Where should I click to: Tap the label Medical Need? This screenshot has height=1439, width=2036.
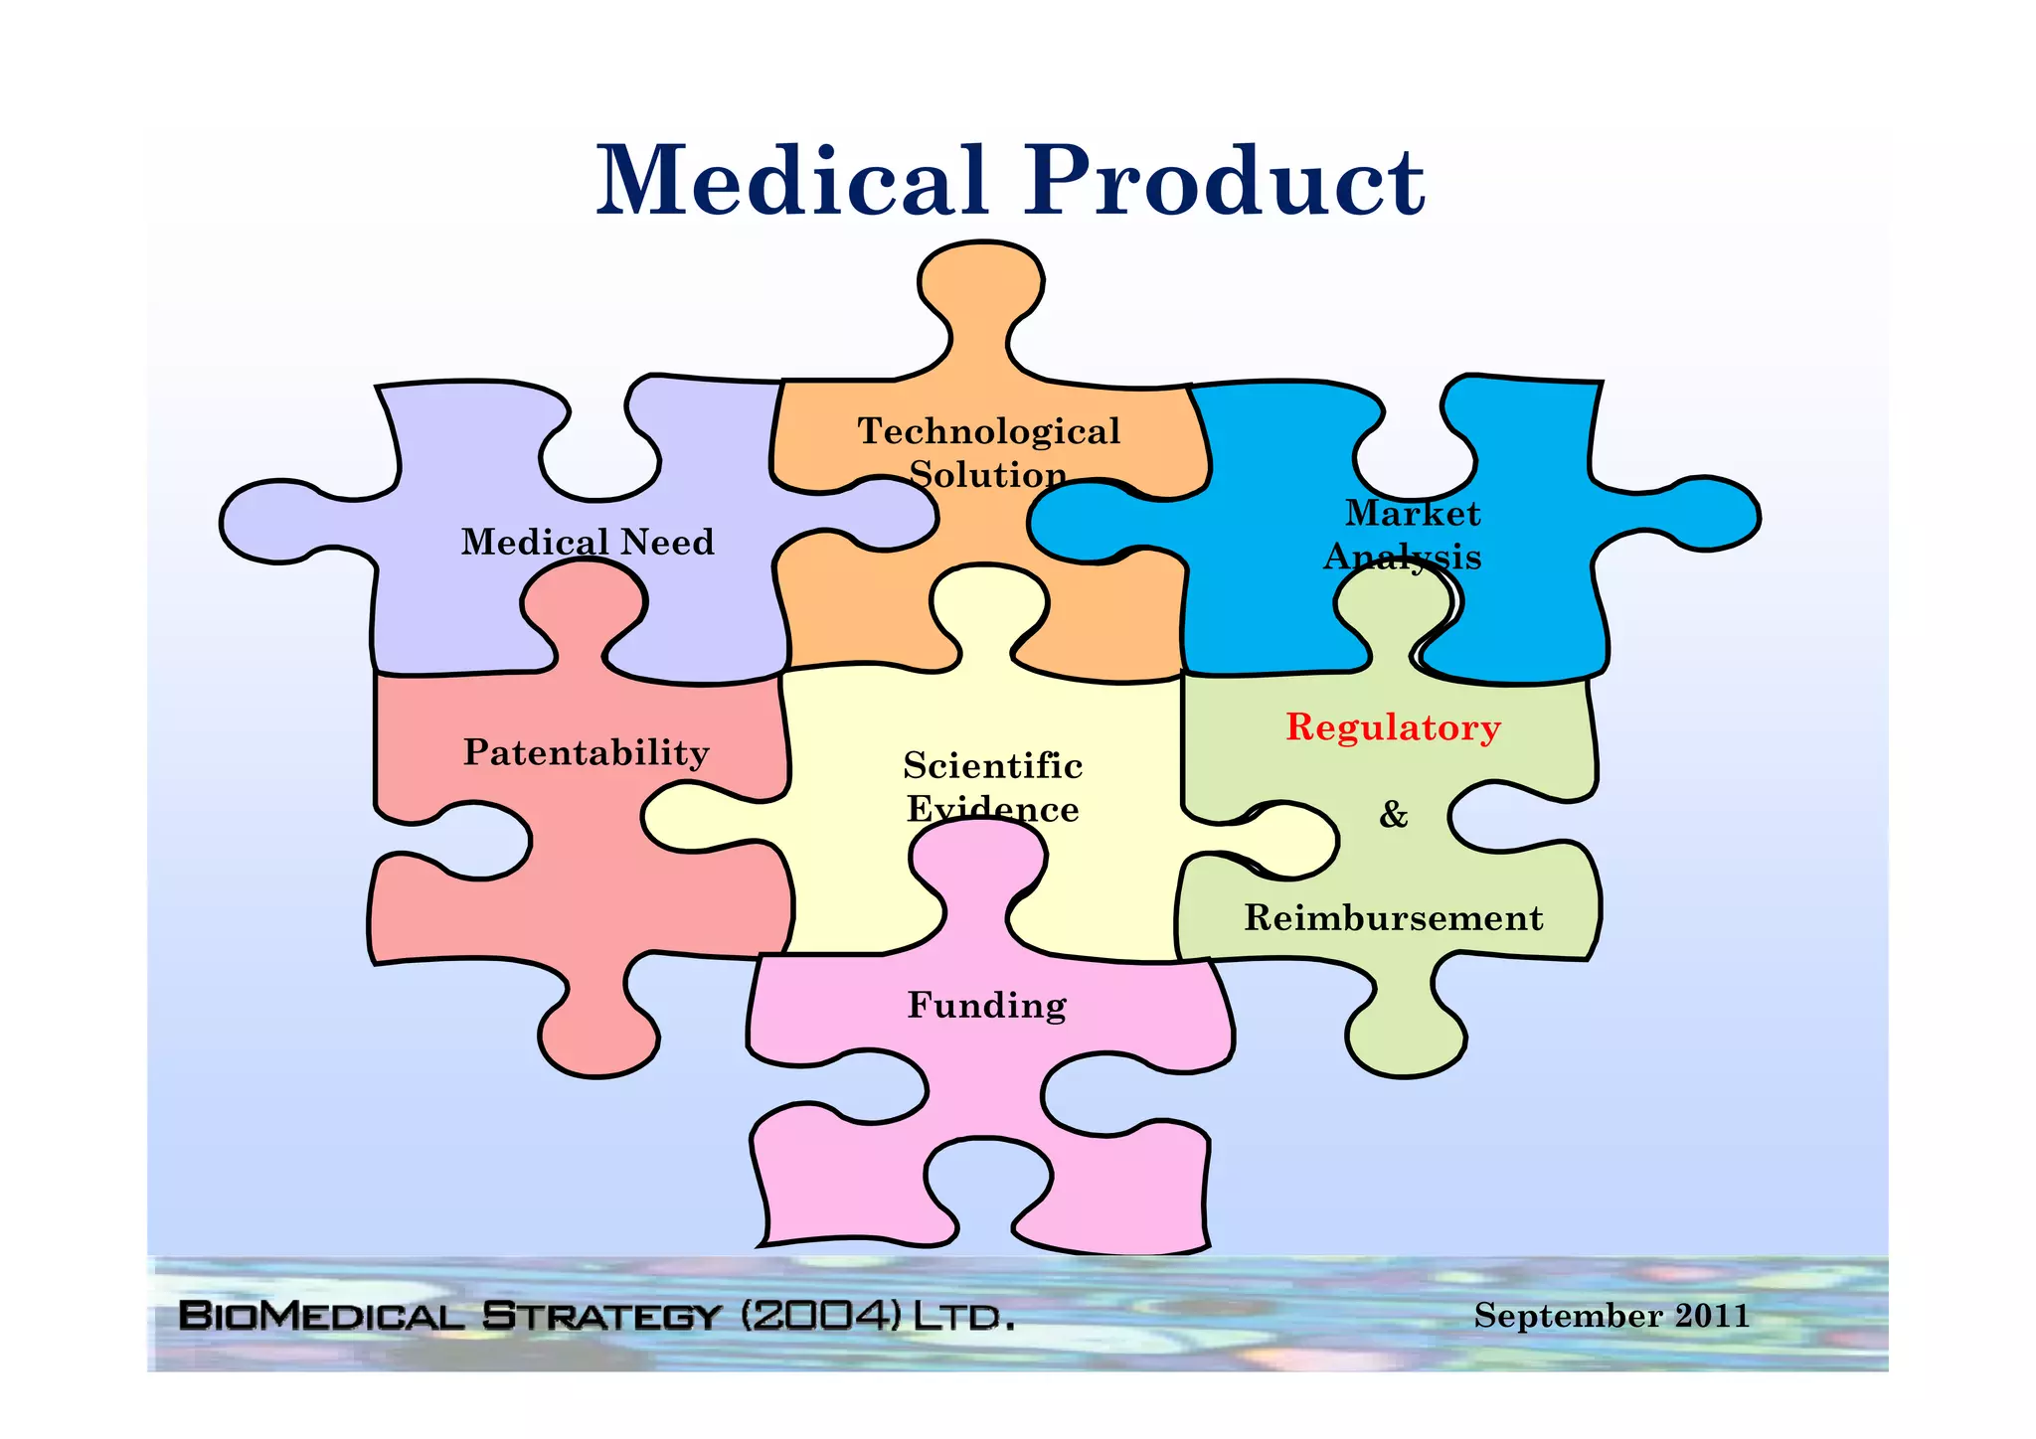coord(588,543)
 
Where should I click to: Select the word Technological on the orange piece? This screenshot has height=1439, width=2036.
coord(989,431)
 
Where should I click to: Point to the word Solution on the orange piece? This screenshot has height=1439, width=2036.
coord(988,475)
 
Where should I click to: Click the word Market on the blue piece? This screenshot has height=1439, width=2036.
coord(1413,513)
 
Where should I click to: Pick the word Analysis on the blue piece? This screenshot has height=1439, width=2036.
coord(1402,557)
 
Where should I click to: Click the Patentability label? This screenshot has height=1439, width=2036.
coord(587,752)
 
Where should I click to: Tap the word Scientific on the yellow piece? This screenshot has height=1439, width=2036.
coord(992,766)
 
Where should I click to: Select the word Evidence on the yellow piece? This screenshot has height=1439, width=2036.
coord(992,809)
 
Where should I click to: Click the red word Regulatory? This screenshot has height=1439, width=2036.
coord(1393,727)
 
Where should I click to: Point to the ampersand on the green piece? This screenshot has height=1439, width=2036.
coord(1393,815)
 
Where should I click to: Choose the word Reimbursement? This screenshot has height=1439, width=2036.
coord(1393,918)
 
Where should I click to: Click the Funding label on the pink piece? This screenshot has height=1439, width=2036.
coord(987,1006)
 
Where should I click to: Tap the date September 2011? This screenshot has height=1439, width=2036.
coord(1612,1316)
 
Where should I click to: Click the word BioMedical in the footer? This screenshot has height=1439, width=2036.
coord(321,1317)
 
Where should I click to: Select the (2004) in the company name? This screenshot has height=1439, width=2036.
coord(821,1317)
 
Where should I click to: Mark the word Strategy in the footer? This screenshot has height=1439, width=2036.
coord(600,1317)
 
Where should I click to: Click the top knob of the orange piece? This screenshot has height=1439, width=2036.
coord(981,283)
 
